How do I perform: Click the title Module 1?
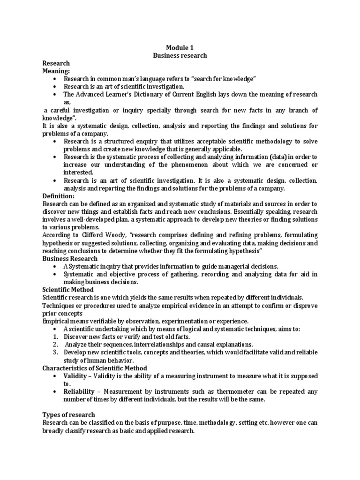click(180, 47)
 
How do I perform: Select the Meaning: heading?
click(56, 71)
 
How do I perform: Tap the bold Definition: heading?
click(59, 195)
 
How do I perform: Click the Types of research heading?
click(68, 414)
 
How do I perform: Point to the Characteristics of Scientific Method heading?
click(95, 368)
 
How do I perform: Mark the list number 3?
click(55, 352)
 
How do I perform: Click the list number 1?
click(55, 337)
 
